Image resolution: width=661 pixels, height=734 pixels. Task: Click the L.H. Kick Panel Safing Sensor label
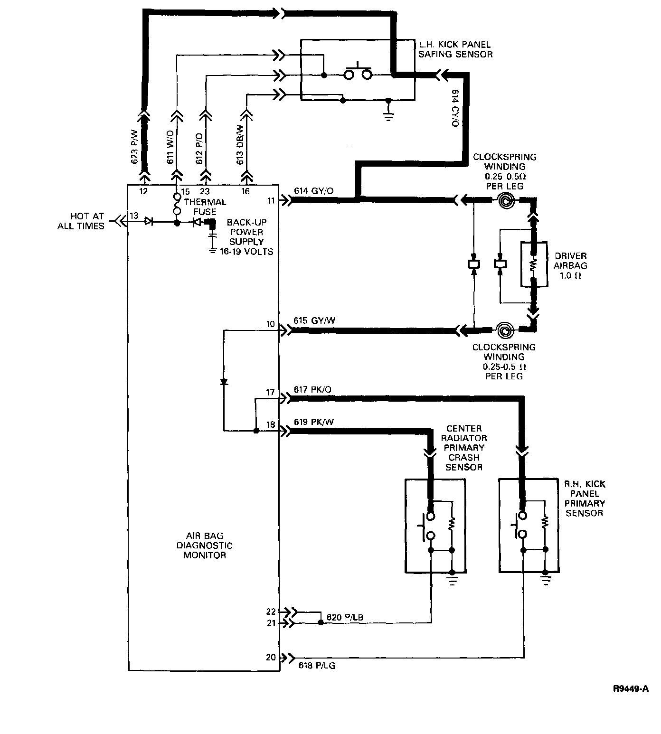point(455,49)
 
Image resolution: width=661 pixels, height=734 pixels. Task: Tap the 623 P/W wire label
point(134,147)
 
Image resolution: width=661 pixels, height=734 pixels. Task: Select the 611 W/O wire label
point(170,147)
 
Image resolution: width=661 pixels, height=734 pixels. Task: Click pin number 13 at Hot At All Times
point(134,216)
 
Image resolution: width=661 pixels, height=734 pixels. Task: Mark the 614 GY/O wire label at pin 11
point(313,191)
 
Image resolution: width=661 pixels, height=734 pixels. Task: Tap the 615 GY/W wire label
point(314,320)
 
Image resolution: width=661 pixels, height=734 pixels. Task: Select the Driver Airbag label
point(570,265)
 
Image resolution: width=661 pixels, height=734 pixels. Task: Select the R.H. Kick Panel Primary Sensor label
point(584,499)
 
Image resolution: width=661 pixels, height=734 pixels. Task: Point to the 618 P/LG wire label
point(317,666)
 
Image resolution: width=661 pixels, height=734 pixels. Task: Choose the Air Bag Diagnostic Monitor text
point(204,546)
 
